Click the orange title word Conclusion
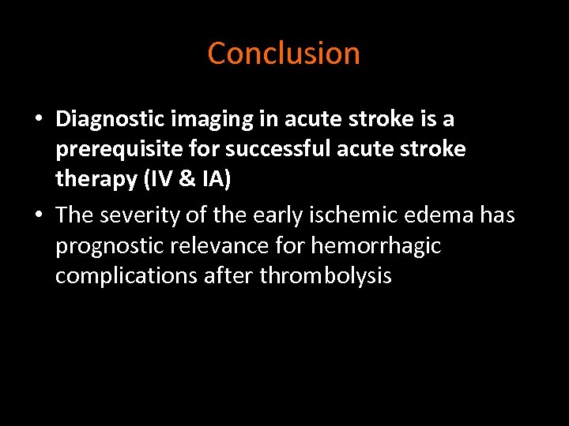284,54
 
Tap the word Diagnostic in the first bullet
105,120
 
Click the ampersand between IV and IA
186,180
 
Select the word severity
138,215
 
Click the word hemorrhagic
376,246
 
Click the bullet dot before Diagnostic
39,121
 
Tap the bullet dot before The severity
39,215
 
